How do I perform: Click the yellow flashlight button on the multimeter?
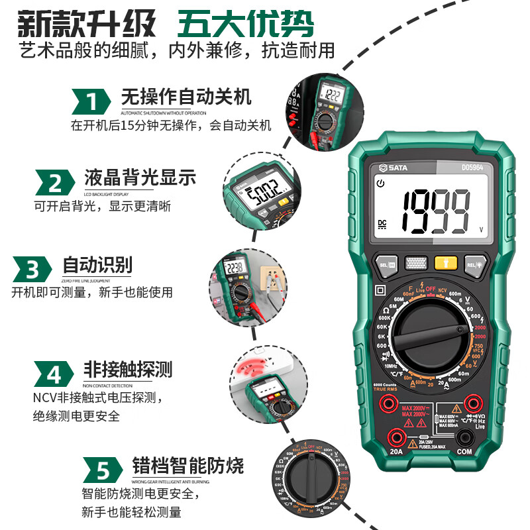(445, 262)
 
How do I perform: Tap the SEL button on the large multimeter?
(387, 264)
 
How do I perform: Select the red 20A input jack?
(397, 436)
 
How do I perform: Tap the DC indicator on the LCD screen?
(382, 223)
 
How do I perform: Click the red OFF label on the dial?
(431, 288)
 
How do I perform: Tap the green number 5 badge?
(103, 471)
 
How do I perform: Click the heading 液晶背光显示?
(140, 178)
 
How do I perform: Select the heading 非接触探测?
(127, 369)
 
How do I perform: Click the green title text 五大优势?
(245, 25)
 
